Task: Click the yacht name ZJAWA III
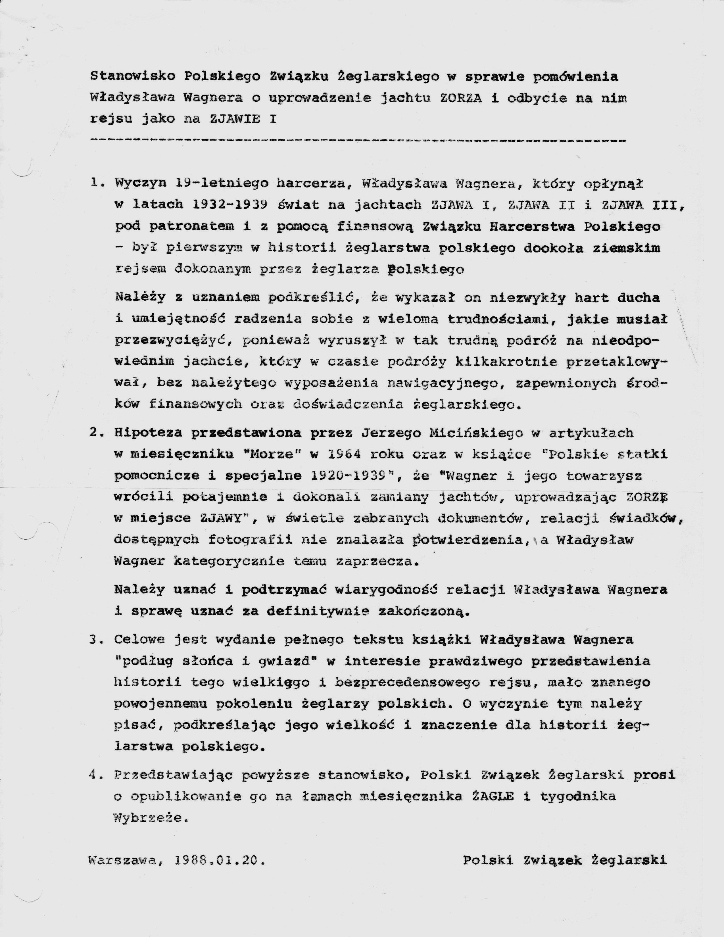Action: (x=642, y=205)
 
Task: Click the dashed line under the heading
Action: (x=358, y=140)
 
